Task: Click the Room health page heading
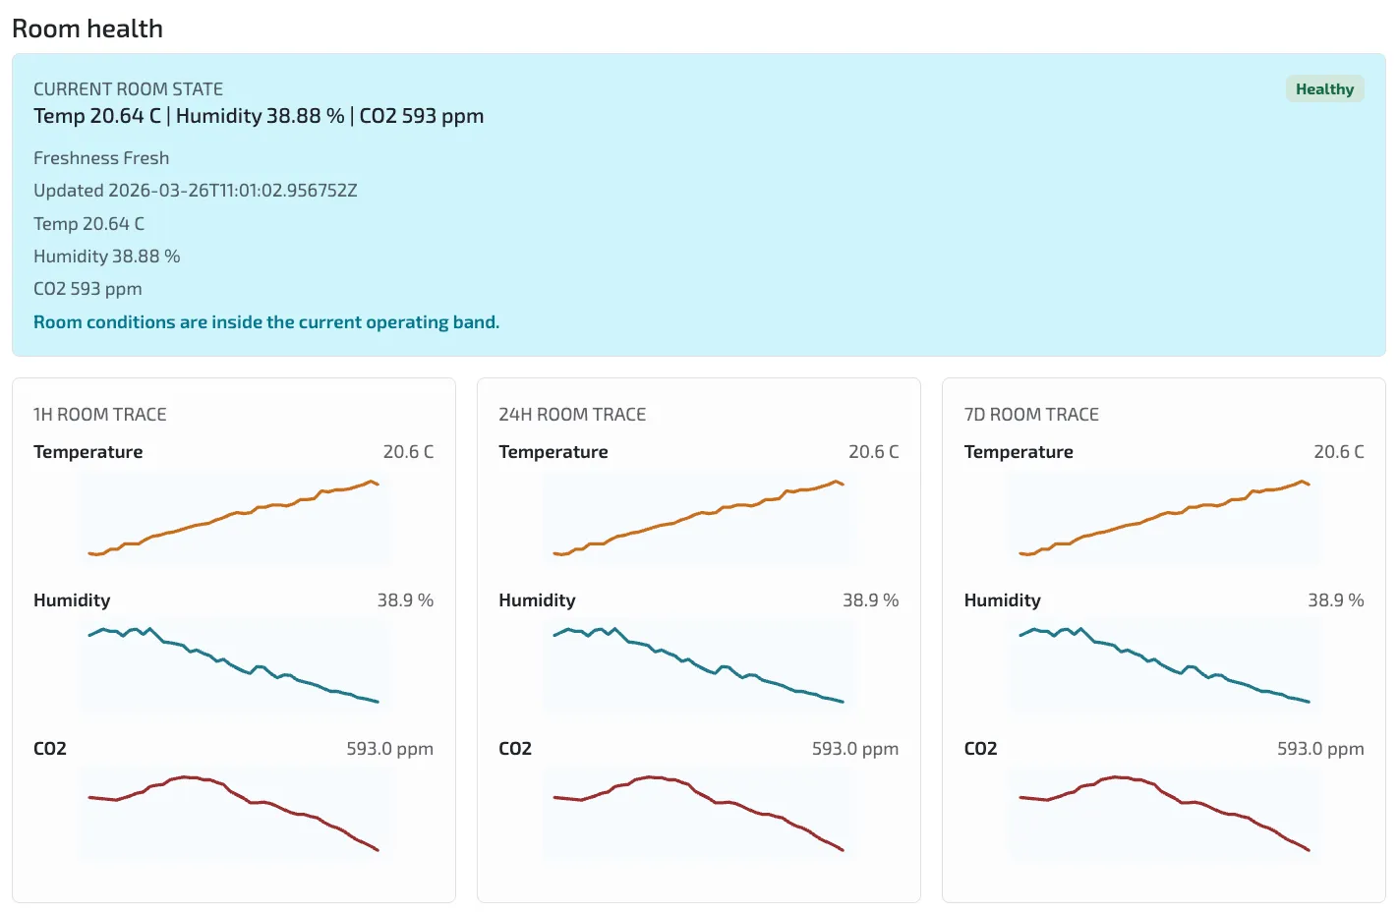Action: coord(87,29)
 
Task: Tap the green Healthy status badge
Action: coord(1324,89)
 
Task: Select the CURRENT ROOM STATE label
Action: coord(128,89)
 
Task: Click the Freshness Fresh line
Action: coord(101,158)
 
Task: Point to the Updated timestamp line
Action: coord(196,191)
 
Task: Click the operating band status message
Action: coord(266,322)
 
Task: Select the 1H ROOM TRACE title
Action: coord(100,415)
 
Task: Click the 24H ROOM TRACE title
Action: coord(572,415)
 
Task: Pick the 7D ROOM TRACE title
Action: coord(1031,415)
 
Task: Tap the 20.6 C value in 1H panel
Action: coord(408,452)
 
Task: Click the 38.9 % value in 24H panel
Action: coord(870,600)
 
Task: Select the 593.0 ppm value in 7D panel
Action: coord(1320,749)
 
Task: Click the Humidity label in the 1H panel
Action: coord(72,600)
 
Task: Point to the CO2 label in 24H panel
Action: coord(515,749)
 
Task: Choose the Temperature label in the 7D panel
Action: coord(1019,452)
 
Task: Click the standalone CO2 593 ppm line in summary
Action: coord(87,289)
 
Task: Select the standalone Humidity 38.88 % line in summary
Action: coord(107,257)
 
